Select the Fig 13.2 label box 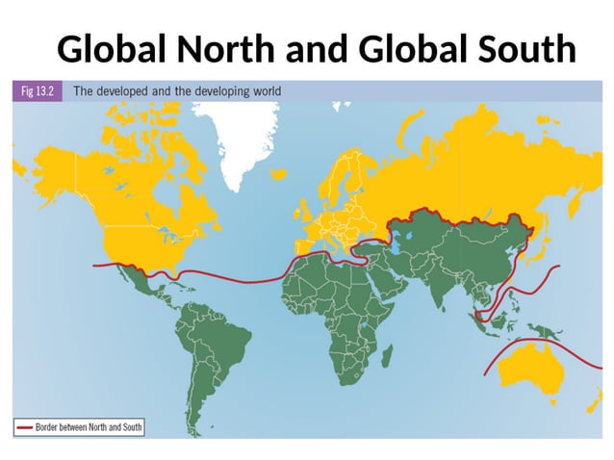pyautogui.click(x=38, y=91)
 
